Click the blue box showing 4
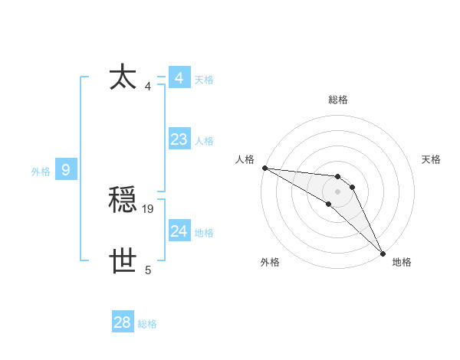[x=179, y=78]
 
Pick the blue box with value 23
[x=179, y=139]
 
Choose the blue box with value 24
[x=179, y=231]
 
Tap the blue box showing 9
[x=66, y=170]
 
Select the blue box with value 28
[x=122, y=322]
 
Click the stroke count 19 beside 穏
[x=148, y=208]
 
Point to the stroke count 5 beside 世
[x=148, y=270]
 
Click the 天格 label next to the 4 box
[x=204, y=80]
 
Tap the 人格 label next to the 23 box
[x=204, y=141]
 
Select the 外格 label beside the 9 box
[x=41, y=172]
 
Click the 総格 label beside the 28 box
[x=147, y=324]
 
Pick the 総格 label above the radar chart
[x=338, y=100]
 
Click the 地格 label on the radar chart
[x=402, y=262]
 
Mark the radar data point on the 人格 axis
[x=264, y=168]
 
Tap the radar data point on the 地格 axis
[x=383, y=253]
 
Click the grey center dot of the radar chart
[x=338, y=191]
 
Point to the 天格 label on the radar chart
[x=431, y=159]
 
